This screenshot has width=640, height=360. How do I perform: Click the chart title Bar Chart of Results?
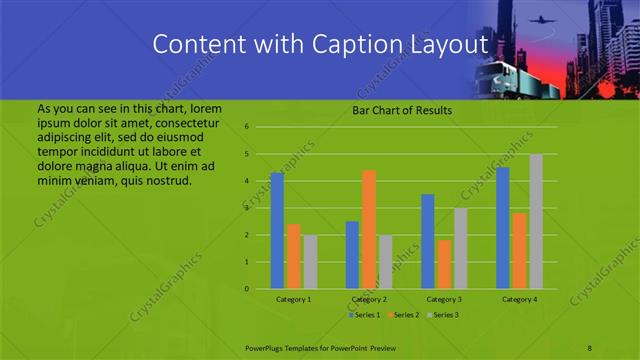tap(401, 111)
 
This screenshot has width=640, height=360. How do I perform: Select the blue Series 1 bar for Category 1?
tap(277, 231)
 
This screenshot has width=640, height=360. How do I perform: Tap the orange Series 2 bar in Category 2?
tap(369, 229)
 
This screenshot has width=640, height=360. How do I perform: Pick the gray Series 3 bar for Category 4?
tap(536, 221)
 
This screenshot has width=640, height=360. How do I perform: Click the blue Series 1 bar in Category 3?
tap(428, 241)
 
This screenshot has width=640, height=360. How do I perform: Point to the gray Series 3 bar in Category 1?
tap(310, 262)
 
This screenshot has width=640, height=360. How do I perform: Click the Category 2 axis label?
tap(369, 299)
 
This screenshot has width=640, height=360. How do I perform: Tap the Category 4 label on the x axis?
tap(519, 299)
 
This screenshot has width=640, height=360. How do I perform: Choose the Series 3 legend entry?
tap(444, 315)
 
